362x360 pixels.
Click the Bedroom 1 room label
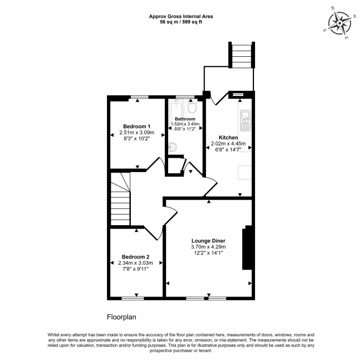(x=136, y=127)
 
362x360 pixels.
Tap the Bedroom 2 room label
(x=135, y=257)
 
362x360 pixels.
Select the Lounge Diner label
(x=208, y=241)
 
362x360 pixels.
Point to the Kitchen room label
(x=228, y=138)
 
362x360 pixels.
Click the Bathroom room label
(x=185, y=119)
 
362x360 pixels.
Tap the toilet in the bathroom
(x=192, y=107)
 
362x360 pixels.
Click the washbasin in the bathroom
(x=173, y=147)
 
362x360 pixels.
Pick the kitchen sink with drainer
(x=245, y=120)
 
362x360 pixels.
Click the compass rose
(x=340, y=23)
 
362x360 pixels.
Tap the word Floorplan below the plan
(x=121, y=317)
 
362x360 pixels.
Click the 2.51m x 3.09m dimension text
(x=136, y=133)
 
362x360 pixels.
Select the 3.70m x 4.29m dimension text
(x=208, y=247)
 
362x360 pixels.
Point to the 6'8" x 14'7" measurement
(x=228, y=150)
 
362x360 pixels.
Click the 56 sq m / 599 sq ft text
(x=181, y=22)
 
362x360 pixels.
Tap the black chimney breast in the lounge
(x=247, y=247)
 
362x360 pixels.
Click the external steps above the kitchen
(x=242, y=55)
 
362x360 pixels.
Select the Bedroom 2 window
(x=133, y=298)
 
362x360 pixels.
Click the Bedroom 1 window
(x=140, y=97)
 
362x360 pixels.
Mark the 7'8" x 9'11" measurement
(x=135, y=269)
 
